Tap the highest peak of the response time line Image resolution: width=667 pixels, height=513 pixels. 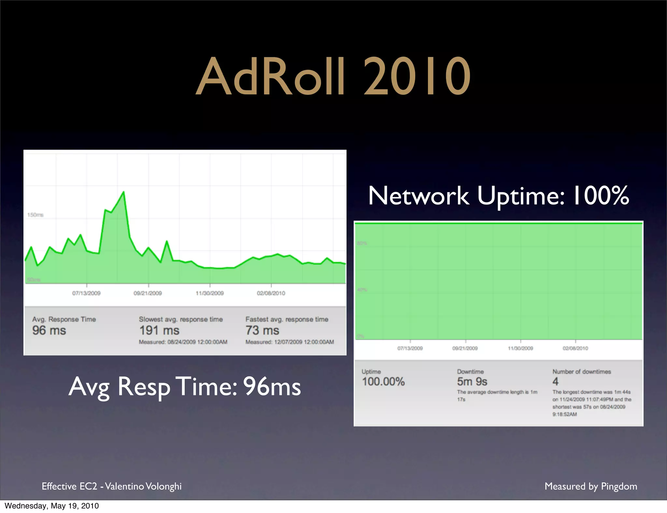click(x=123, y=192)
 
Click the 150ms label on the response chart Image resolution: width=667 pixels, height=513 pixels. click(x=35, y=215)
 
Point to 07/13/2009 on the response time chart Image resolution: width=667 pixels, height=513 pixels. click(x=86, y=293)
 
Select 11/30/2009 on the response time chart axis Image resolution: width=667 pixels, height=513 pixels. click(x=209, y=293)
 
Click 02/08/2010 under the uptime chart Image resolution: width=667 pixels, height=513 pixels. click(x=575, y=348)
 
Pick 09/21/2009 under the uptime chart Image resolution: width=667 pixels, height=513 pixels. click(x=465, y=348)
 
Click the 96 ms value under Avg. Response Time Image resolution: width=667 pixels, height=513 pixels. click(x=49, y=330)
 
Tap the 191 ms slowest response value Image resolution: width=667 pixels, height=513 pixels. click(x=159, y=330)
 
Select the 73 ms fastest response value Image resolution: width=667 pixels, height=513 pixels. click(x=262, y=330)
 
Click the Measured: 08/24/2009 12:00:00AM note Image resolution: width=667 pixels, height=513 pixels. click(x=183, y=342)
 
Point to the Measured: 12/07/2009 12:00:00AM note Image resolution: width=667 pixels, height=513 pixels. click(x=290, y=342)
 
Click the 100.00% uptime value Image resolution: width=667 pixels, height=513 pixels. click(x=383, y=381)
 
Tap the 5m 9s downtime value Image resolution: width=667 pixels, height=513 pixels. click(x=472, y=381)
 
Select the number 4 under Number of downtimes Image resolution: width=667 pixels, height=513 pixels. click(x=555, y=381)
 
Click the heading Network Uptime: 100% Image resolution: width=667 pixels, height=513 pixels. click(x=498, y=196)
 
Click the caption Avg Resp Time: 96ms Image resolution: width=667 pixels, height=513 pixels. click(x=185, y=387)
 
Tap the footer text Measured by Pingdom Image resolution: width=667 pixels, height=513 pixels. click(x=591, y=486)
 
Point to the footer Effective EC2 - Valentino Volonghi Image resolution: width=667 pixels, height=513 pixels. click(x=112, y=486)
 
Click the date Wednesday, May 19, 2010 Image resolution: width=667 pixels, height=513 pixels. click(x=52, y=506)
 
